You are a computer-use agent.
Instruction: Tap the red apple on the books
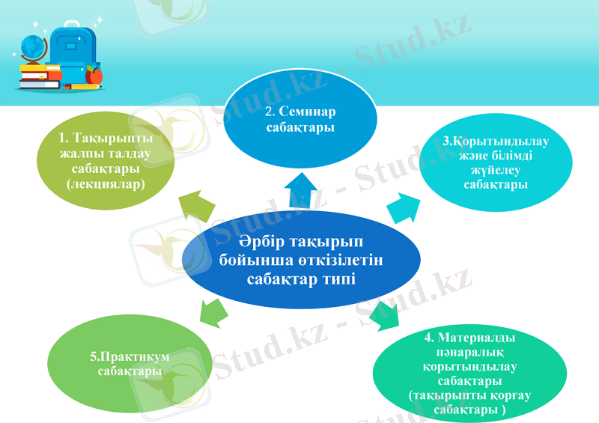click(94, 75)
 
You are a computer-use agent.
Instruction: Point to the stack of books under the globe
click(39, 76)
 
